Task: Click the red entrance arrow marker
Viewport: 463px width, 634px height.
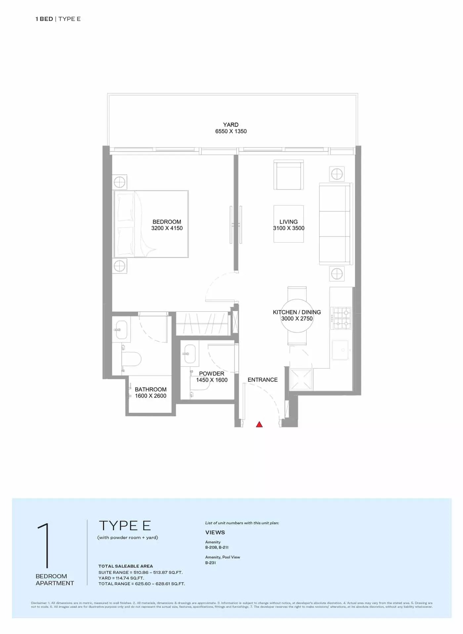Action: (259, 424)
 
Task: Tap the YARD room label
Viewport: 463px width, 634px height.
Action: (231, 125)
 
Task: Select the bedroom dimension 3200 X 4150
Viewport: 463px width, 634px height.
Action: (167, 228)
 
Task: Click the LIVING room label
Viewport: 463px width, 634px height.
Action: (288, 222)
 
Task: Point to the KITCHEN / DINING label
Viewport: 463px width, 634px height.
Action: (297, 312)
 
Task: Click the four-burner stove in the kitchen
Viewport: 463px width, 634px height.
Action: (342, 318)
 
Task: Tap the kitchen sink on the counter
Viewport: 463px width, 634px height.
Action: (340, 350)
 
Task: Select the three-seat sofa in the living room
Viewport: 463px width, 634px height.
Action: (335, 224)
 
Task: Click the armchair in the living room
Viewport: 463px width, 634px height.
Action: (288, 175)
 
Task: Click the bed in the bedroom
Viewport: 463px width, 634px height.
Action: (151, 224)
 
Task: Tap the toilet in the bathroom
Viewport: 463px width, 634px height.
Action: (131, 359)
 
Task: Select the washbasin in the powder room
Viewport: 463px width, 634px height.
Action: (190, 354)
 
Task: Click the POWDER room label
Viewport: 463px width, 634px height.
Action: (212, 374)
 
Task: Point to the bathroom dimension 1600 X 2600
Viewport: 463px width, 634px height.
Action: (150, 396)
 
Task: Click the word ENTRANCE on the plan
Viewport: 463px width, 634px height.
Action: (263, 380)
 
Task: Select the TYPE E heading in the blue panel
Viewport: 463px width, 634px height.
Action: (125, 526)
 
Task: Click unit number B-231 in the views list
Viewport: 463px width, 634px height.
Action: (210, 563)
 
